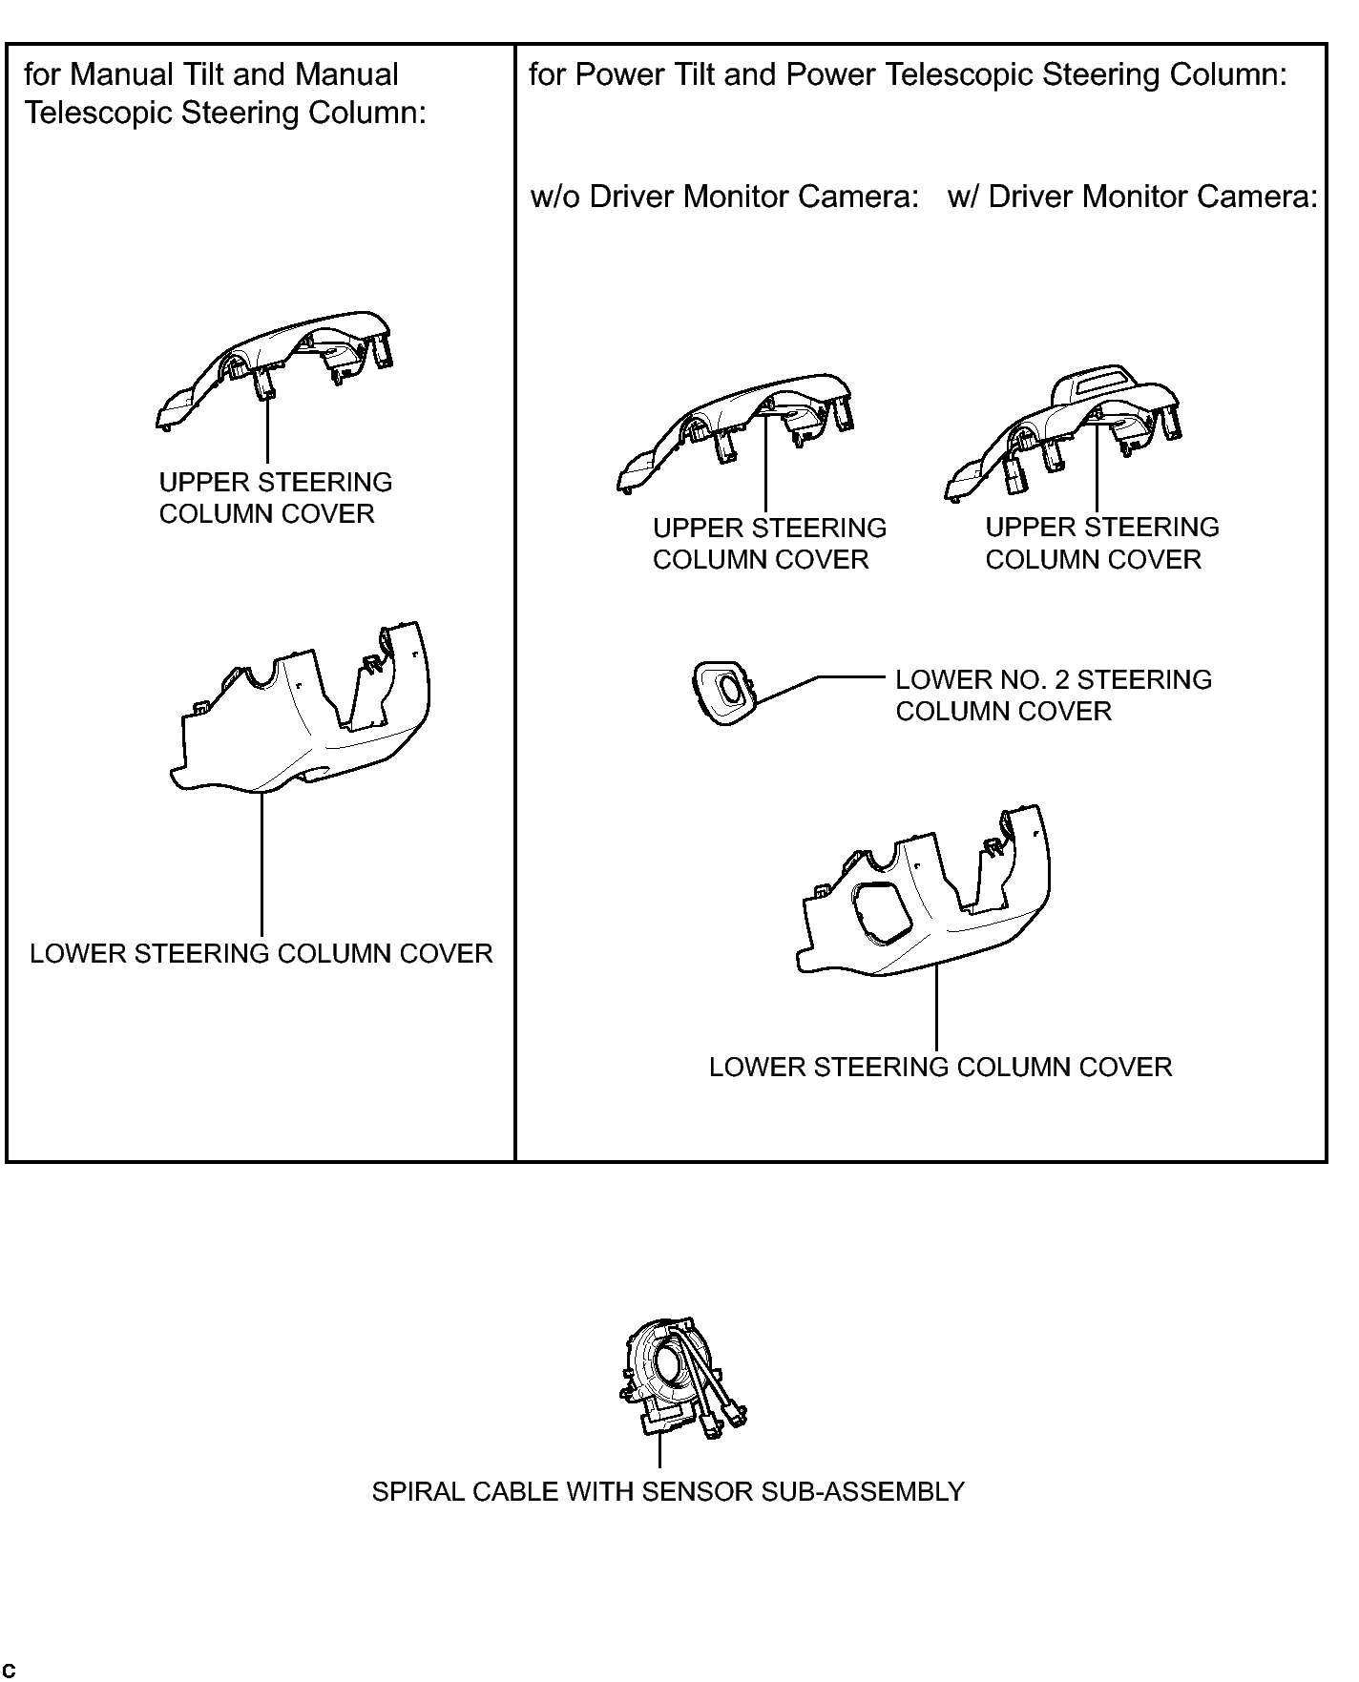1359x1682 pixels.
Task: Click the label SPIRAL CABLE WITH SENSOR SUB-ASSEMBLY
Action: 668,1491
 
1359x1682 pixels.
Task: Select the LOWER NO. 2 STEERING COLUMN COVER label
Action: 1054,696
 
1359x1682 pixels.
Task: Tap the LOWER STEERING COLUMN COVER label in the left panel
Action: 261,953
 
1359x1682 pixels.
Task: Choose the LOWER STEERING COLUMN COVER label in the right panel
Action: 940,1067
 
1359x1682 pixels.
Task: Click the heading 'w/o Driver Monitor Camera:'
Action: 724,197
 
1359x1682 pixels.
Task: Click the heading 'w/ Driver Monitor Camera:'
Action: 1133,197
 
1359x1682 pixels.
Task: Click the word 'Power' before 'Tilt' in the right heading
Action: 618,74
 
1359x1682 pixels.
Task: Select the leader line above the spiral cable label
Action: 659,1452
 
